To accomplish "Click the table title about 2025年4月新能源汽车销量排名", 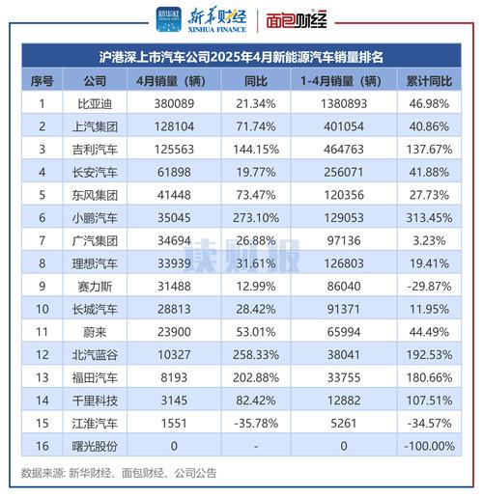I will click(241, 58).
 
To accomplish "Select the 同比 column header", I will click(255, 80).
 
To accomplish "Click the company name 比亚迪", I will click(95, 102).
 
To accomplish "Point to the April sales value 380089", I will click(175, 102).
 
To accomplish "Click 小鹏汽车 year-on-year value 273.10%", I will click(255, 218).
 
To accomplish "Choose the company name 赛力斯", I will click(95, 286).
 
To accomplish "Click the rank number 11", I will click(41, 332).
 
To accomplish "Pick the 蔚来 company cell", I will click(95, 332).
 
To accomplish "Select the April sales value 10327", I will click(175, 355).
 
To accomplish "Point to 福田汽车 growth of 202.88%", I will click(255, 378).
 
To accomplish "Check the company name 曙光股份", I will click(95, 447).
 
